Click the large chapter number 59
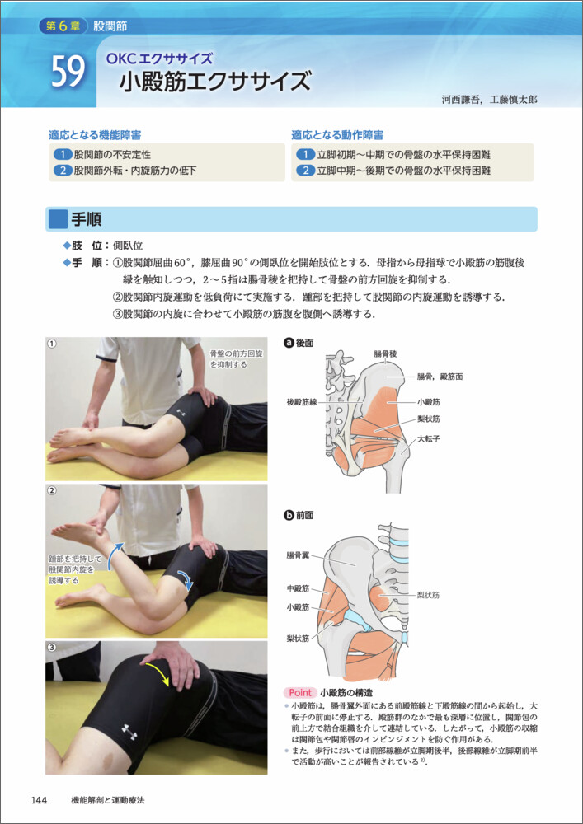pos(68,73)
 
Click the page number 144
pos(40,800)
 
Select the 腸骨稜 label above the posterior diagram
pos(386,353)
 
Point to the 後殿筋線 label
pos(301,401)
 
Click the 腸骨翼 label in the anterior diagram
pos(297,555)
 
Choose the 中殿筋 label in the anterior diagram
pos(297,588)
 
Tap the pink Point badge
pos(300,692)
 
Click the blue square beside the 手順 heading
pos(57,219)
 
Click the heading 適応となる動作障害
pos(337,135)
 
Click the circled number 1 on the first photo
pos(51,343)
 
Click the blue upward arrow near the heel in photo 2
pos(115,556)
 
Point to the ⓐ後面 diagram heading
pos(298,343)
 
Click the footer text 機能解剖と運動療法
pos(108,800)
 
